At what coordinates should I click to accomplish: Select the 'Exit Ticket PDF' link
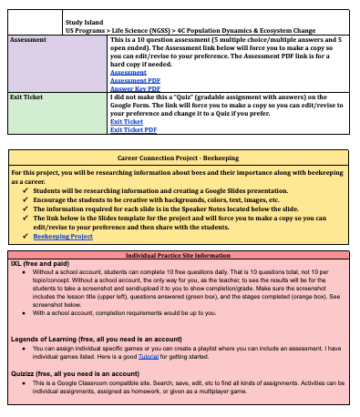pyautogui.click(x=132, y=129)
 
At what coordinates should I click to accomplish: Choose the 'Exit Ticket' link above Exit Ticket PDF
pyautogui.click(x=126, y=121)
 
